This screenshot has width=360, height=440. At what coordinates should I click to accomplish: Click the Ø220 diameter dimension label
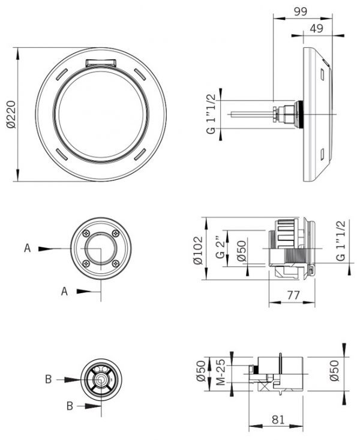coord(11,114)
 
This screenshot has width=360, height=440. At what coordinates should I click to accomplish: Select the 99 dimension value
coord(301,11)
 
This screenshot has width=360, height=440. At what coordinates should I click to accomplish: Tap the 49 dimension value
coord(316,28)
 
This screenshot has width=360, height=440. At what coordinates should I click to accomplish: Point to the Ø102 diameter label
coord(198,250)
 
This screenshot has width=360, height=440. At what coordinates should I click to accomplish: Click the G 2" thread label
coord(220,246)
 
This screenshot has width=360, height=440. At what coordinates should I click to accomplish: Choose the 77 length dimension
coord(293,295)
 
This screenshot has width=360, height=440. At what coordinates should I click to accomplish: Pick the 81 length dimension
coord(278,420)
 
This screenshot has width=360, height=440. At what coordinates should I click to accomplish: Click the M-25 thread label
coord(221,372)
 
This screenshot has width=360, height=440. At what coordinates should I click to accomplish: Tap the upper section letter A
coord(27,248)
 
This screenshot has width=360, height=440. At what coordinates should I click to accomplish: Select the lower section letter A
coord(65,291)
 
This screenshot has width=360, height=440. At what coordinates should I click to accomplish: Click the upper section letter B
coord(48,379)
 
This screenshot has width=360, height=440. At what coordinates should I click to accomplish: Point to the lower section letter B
coord(70,406)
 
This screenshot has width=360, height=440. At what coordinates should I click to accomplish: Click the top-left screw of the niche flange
coord(86,233)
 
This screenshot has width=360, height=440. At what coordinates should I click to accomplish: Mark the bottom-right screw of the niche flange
coord(115,263)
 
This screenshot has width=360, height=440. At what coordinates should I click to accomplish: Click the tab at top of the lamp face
coord(101,63)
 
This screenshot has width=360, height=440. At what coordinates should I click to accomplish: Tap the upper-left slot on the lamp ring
coord(62,74)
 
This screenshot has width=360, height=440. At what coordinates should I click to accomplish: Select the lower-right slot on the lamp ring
coord(140,155)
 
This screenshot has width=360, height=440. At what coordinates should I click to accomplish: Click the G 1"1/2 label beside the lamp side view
coord(212,114)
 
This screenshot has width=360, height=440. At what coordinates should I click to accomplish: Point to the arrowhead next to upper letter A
coord(45,249)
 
